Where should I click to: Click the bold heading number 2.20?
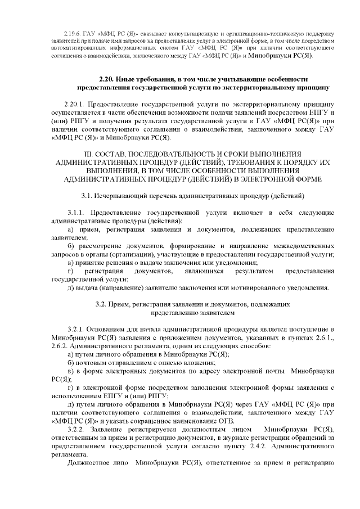(x=91, y=79)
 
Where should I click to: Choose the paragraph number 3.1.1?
(x=77, y=214)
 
